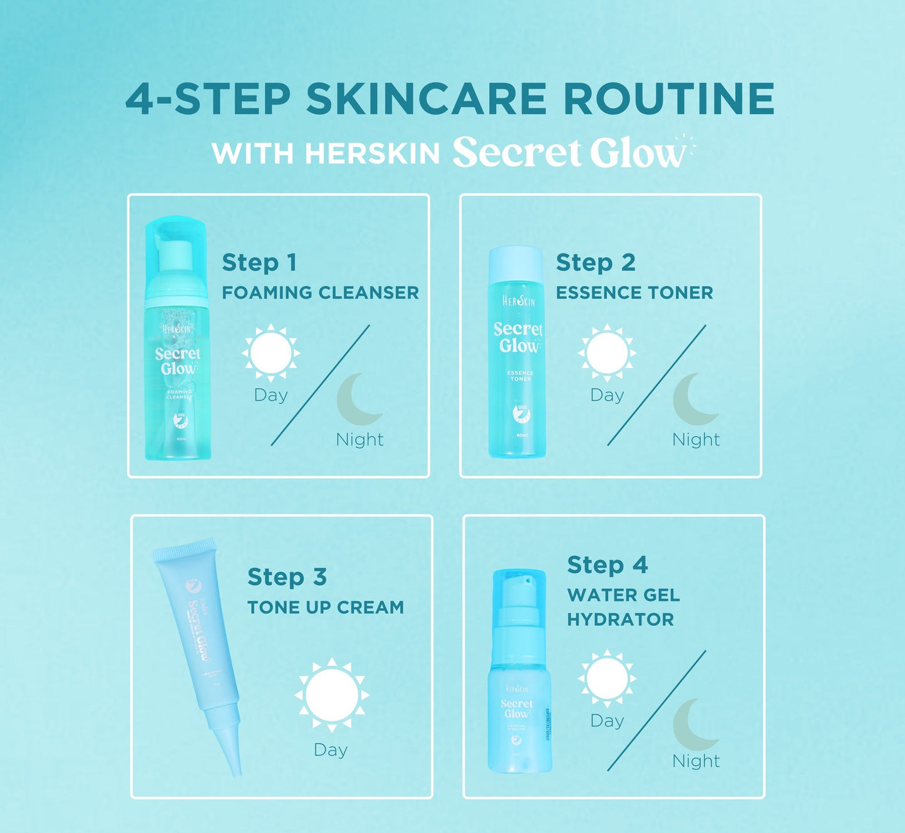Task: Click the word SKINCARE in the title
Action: pos(427,99)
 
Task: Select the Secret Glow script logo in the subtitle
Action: pos(570,152)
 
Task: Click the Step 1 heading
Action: pos(259,263)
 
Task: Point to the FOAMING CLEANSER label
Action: pos(320,292)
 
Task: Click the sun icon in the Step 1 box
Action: pos(271,353)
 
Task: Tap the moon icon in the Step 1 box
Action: pos(357,399)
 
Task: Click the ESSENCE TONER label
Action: pos(634,292)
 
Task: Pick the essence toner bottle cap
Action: pos(515,263)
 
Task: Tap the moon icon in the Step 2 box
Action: pos(693,399)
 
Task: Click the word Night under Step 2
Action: pos(696,439)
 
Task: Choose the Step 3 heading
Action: pos(287,577)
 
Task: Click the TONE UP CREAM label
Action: pos(325,607)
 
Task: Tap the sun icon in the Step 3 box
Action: pos(331,695)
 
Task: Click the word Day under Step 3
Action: pos(331,750)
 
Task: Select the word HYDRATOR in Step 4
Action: pos(620,620)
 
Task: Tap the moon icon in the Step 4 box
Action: pos(693,725)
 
